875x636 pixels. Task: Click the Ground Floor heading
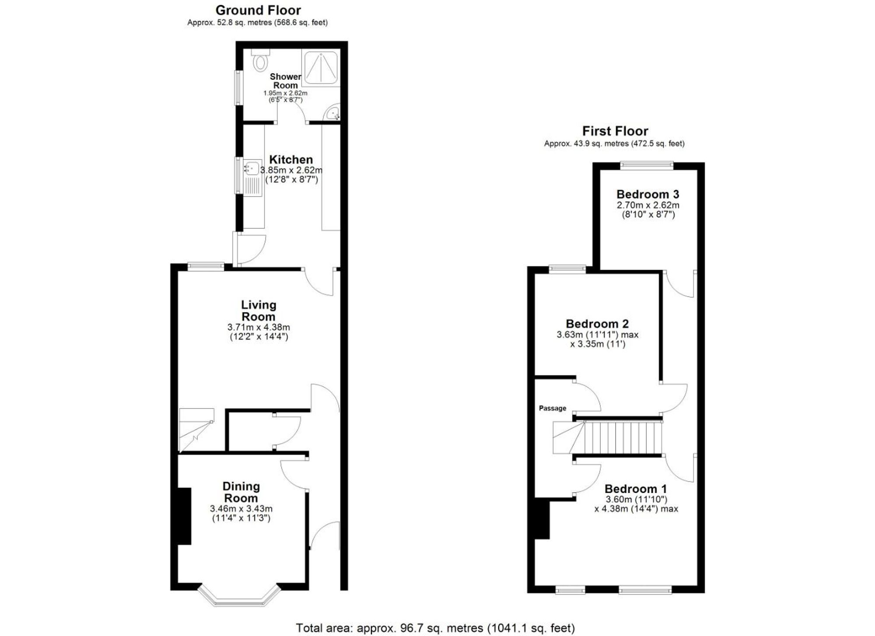point(258,10)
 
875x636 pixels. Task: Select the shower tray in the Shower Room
point(321,67)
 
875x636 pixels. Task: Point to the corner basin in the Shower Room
point(333,113)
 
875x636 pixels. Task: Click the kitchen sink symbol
point(252,168)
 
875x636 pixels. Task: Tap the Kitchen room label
point(291,160)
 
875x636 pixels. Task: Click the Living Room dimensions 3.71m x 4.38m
point(259,327)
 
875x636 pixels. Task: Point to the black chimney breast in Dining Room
point(184,516)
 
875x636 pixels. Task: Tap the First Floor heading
point(615,131)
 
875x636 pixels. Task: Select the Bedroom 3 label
point(647,194)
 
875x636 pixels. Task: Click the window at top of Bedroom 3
point(647,165)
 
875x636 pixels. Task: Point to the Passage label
point(552,408)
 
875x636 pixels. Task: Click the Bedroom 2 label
point(597,324)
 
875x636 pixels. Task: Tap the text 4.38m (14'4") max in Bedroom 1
point(636,509)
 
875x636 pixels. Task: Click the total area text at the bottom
point(435,628)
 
